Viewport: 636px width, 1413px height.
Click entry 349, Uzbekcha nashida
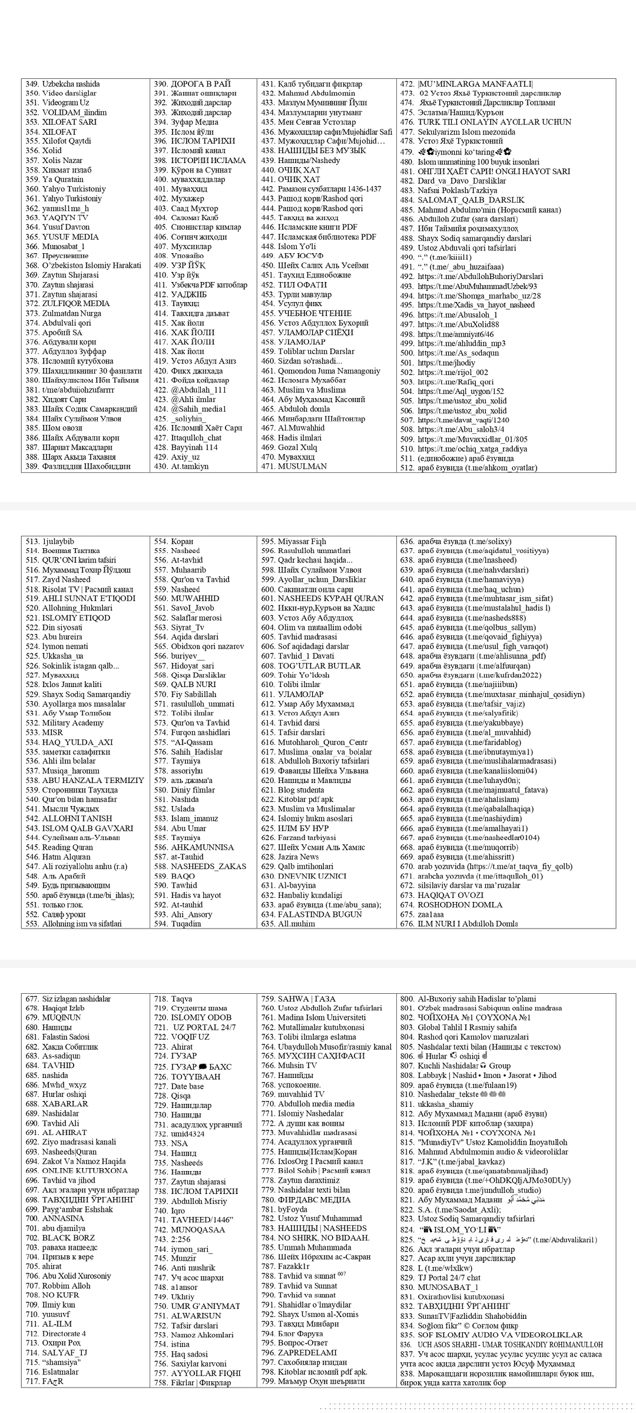71,84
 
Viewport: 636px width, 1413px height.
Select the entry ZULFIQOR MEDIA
76,304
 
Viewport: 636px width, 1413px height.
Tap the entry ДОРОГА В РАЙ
200,84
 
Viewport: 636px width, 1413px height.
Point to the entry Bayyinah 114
194,447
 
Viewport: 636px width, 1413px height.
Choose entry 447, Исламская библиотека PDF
327,237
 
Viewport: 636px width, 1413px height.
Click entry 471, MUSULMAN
302,466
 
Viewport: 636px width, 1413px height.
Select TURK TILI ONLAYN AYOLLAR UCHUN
494,122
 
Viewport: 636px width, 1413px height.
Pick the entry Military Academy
72,723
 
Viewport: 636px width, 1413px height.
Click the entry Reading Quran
67,847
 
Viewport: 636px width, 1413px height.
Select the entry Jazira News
298,857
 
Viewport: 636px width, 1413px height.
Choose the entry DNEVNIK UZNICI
312,876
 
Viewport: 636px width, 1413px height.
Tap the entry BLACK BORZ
68,1238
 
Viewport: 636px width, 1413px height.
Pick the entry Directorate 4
64,1334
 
